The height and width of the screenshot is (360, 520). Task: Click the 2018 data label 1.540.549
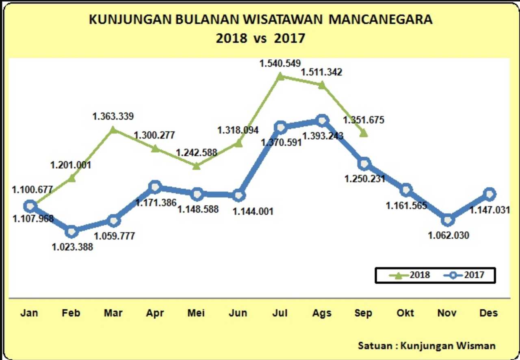coord(280,63)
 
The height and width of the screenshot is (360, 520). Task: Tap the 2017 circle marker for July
coord(280,127)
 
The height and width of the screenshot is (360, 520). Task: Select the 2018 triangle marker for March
coord(114,129)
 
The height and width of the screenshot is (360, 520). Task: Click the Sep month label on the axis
coord(363,313)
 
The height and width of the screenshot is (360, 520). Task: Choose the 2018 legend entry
coord(410,275)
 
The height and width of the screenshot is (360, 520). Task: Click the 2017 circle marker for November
coord(447,220)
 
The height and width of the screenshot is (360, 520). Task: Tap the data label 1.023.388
coord(72,246)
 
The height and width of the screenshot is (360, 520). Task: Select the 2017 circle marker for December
coord(489,194)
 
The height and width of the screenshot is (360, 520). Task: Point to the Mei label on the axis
coord(196,313)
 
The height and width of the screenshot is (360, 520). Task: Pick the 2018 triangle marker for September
coord(364,133)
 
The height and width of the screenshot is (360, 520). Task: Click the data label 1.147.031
coord(490,210)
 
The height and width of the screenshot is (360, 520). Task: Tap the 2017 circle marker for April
coord(155,187)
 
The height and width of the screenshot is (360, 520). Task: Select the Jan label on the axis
coord(30,313)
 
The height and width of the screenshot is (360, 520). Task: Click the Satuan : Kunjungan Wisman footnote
coord(427,346)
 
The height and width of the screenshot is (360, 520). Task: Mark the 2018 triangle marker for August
coord(322,85)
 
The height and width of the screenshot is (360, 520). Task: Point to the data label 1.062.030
coord(448,235)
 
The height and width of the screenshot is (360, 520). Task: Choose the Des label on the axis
coord(488,313)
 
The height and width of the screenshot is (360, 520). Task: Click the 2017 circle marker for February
coord(72,231)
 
